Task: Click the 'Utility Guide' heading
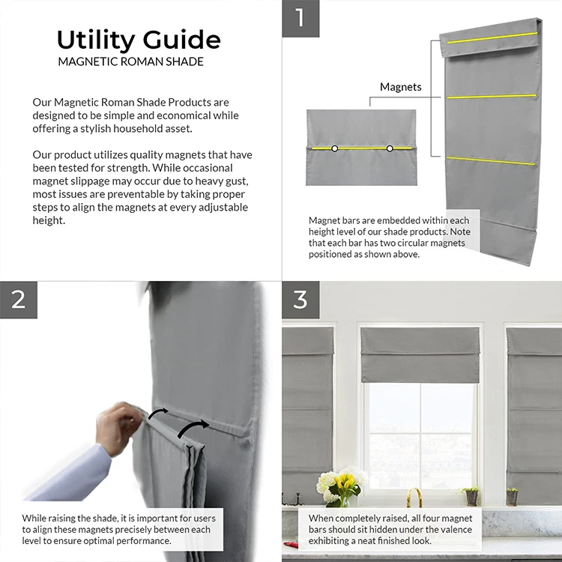point(139,40)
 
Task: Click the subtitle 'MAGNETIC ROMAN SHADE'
point(131,61)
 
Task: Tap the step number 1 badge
point(300,18)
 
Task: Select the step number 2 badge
point(19,300)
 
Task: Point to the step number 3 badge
point(300,300)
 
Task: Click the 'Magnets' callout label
point(400,87)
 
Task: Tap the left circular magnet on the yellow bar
point(334,148)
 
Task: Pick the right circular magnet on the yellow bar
point(390,148)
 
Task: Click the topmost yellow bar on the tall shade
point(492,37)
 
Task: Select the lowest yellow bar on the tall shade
point(491,161)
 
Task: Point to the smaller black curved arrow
point(157,413)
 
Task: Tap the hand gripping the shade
point(120,428)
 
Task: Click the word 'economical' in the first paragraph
point(183,115)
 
